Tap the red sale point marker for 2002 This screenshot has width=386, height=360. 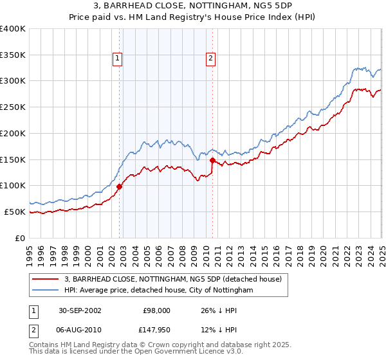tap(120, 186)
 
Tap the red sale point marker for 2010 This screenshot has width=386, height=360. tap(212, 160)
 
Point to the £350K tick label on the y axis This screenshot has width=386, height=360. tap(13, 55)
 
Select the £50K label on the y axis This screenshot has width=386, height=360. tap(15, 212)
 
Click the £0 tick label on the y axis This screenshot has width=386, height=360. tap(21, 238)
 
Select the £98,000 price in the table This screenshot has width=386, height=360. tap(156, 310)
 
